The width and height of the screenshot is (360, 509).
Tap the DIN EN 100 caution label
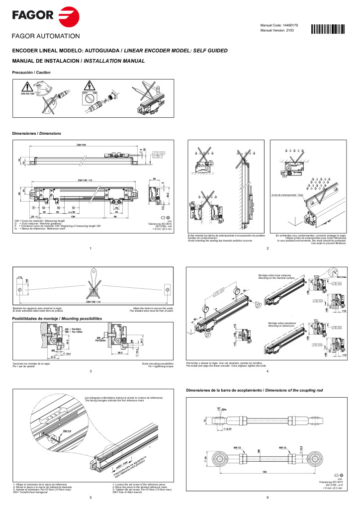point(27,93)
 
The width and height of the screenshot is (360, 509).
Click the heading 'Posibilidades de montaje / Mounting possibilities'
point(57,318)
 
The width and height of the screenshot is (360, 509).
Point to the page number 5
point(90,497)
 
